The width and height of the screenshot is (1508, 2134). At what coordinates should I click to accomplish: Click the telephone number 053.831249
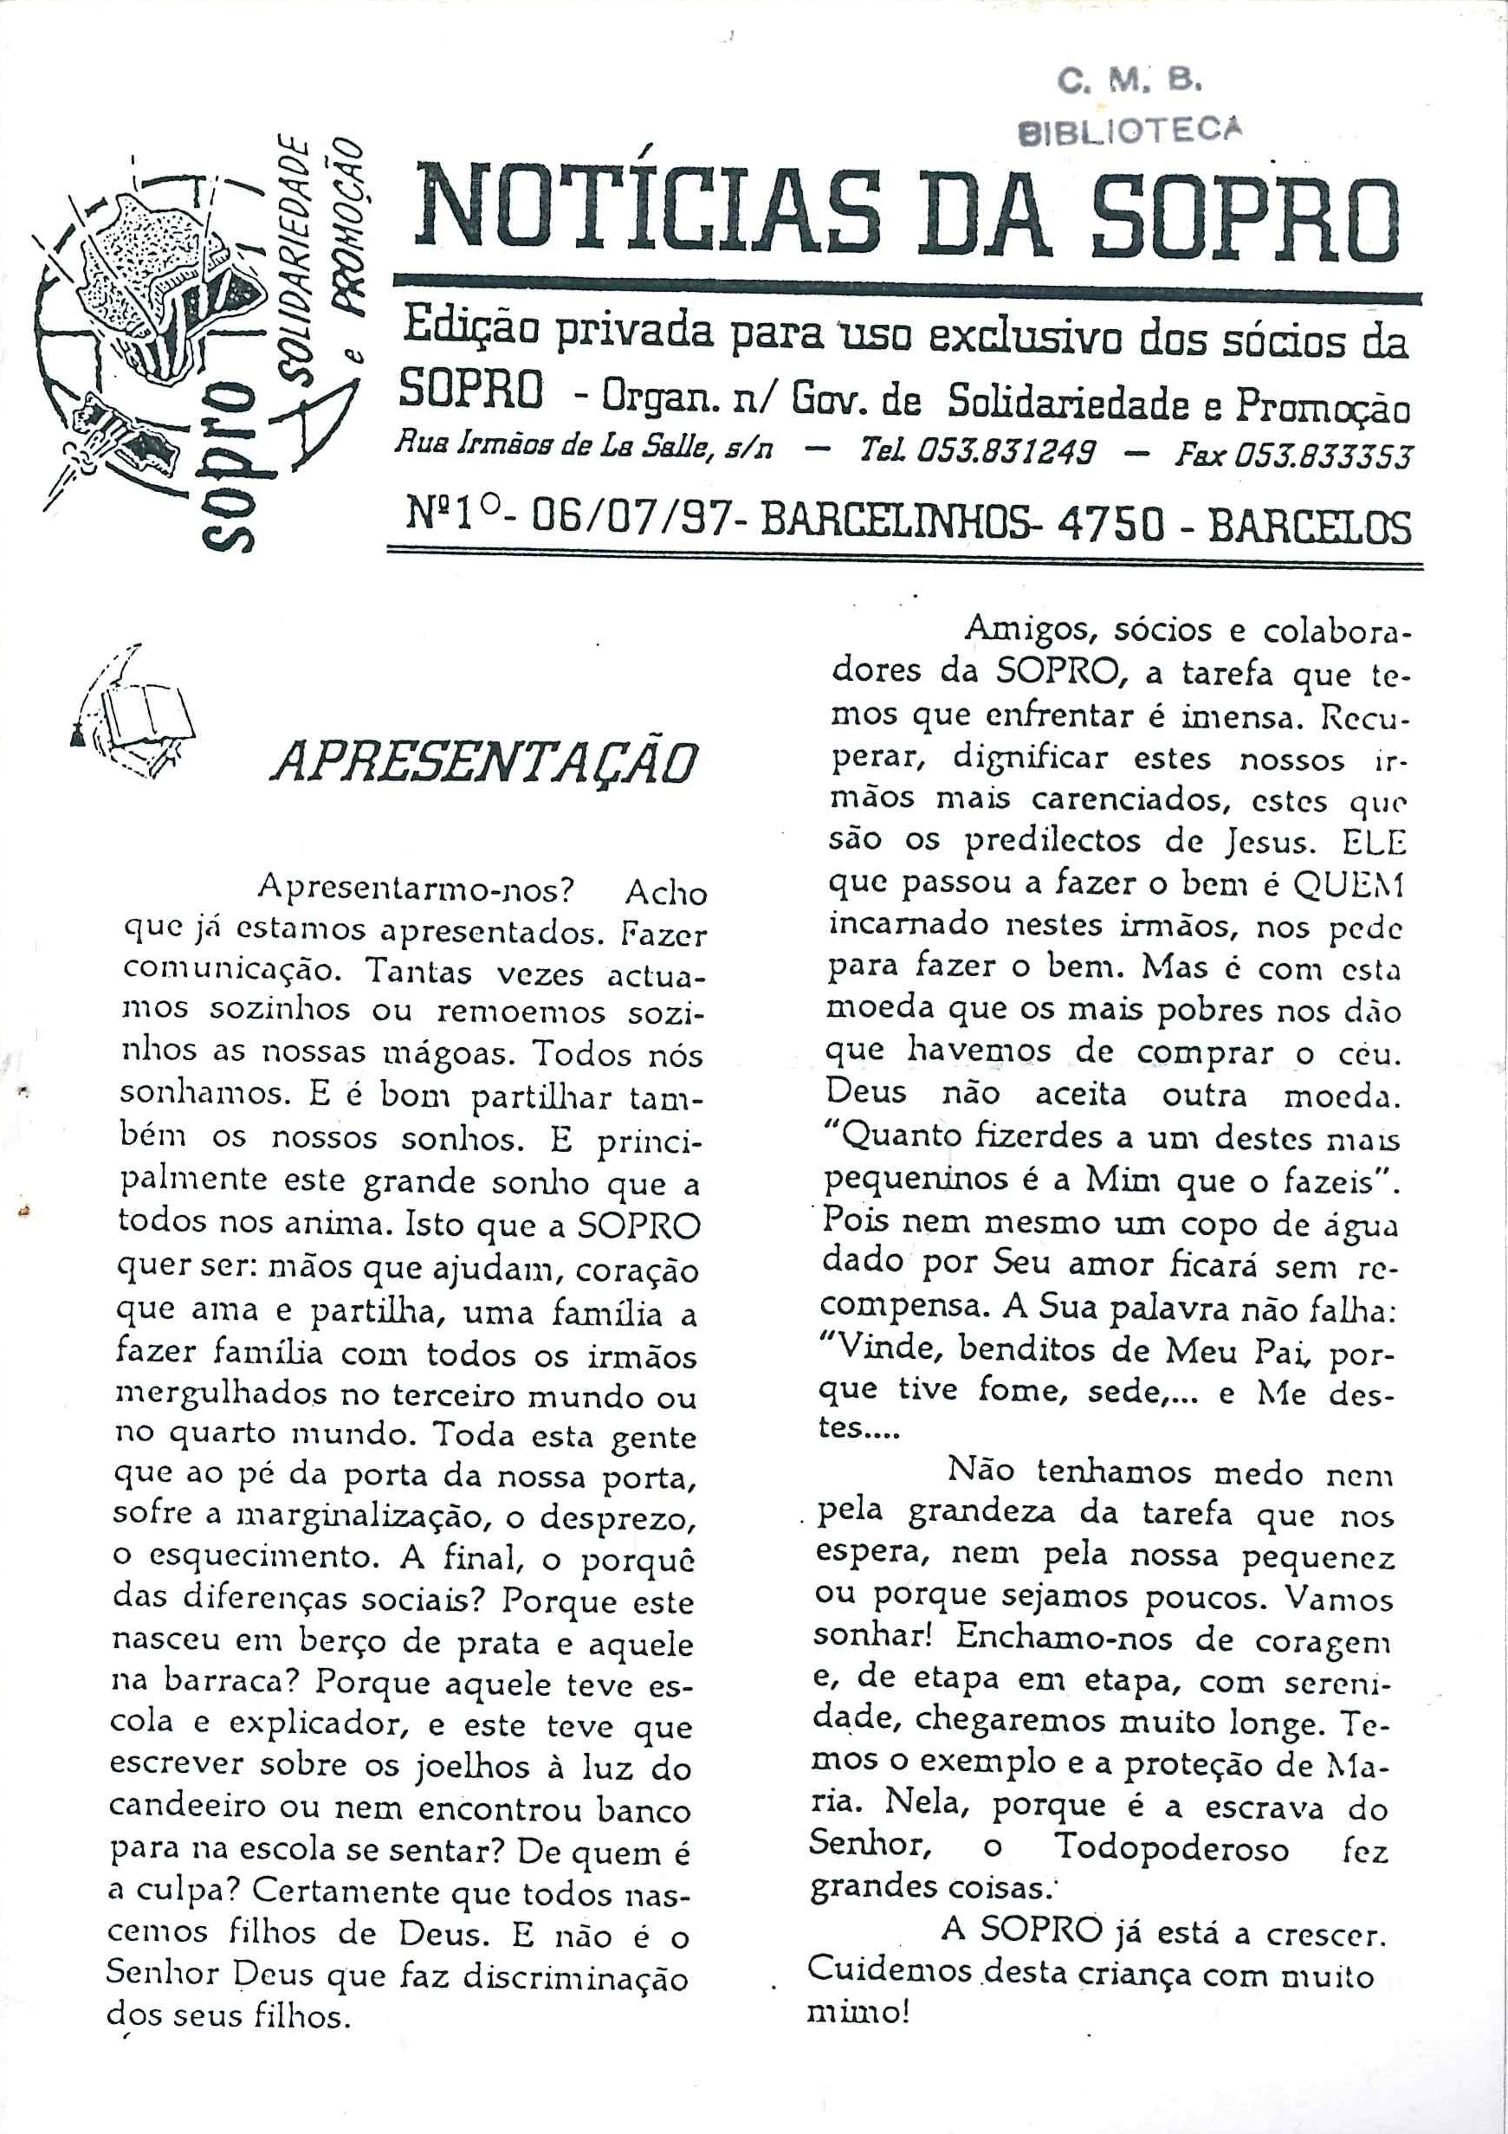(x=1005, y=454)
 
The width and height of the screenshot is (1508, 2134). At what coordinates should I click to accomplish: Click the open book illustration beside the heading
(x=139, y=715)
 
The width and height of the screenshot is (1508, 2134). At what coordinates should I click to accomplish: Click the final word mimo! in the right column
(x=857, y=2012)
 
